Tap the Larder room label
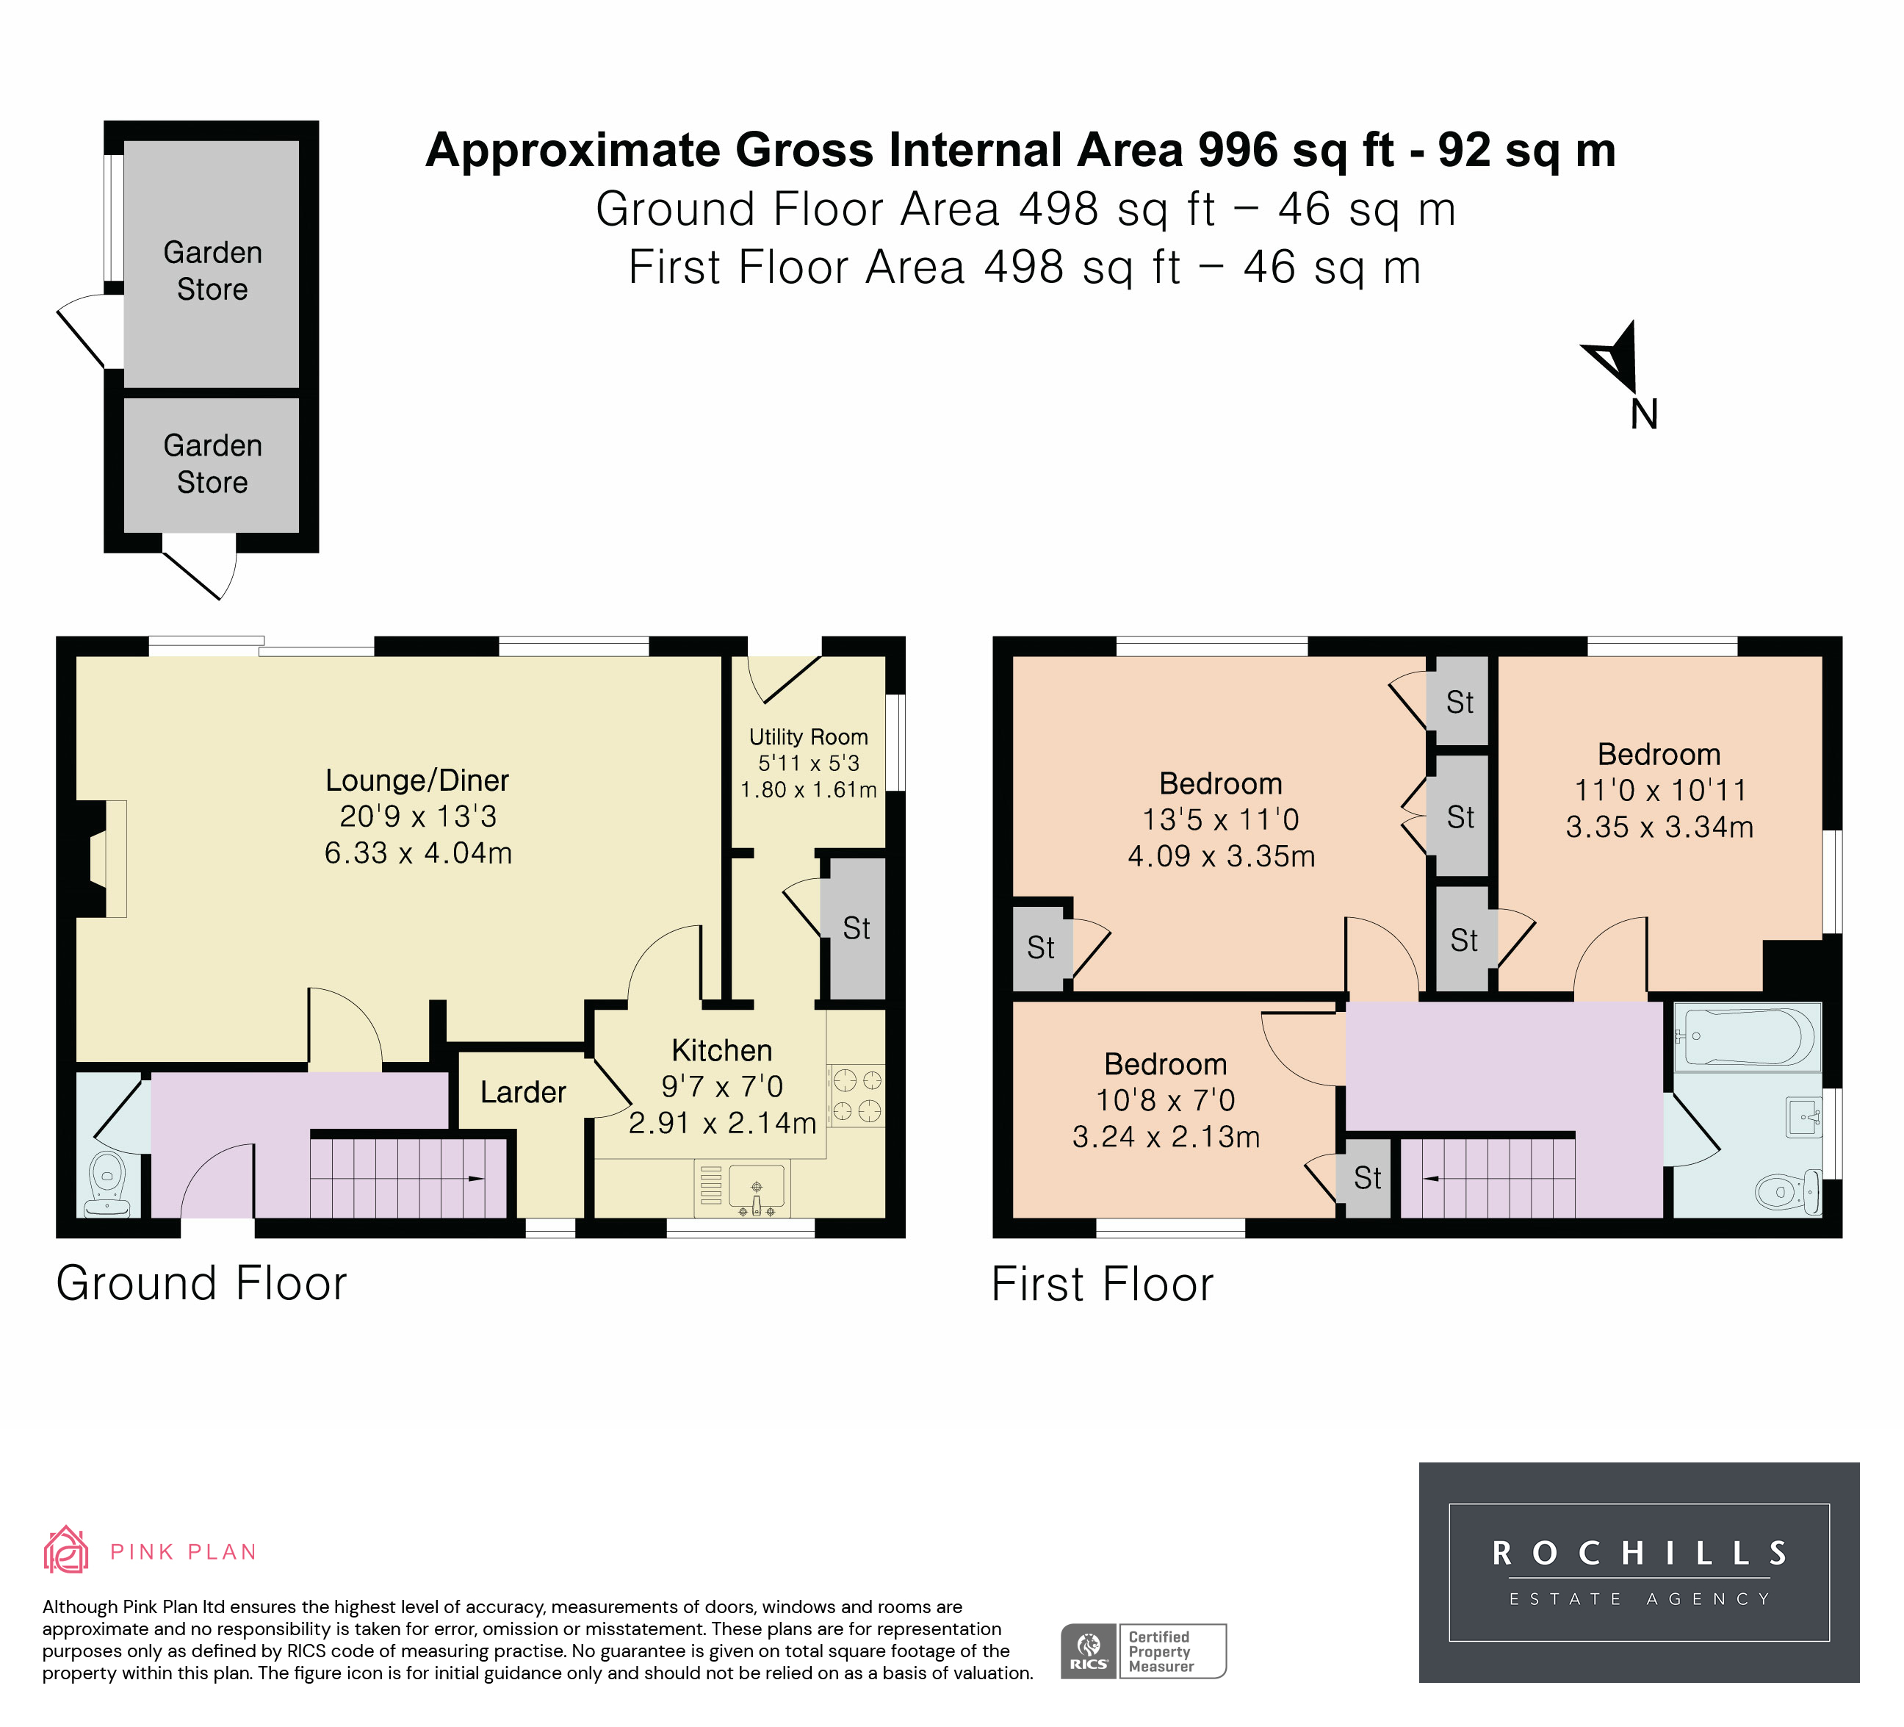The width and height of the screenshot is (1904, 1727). tap(523, 1092)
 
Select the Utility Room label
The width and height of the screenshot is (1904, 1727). tap(809, 737)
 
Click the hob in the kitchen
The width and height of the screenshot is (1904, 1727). tap(857, 1095)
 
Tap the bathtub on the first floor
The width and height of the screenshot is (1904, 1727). tap(1748, 1036)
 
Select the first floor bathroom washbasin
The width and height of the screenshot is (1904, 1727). tap(1804, 1117)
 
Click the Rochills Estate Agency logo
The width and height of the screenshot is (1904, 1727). tap(1639, 1572)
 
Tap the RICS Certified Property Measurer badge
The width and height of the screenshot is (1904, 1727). tap(1143, 1651)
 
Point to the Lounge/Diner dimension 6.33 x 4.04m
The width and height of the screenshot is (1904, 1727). tap(419, 853)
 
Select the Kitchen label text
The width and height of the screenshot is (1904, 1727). tap(721, 1051)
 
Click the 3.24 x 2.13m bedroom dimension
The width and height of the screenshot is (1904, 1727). tap(1166, 1137)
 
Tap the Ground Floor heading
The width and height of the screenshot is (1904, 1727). tap(202, 1283)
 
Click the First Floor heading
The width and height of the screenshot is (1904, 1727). tap(1102, 1284)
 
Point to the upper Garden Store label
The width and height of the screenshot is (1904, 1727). tap(212, 270)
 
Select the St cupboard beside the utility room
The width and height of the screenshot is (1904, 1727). tap(857, 927)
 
